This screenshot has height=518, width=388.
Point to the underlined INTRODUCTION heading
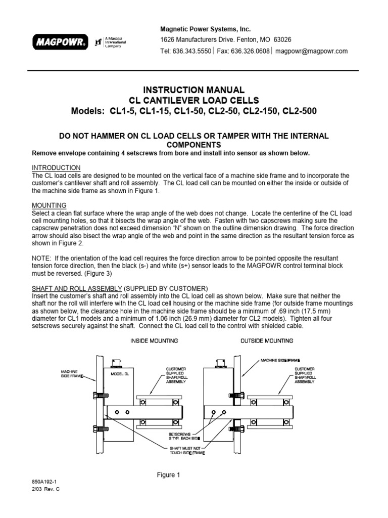[x=56, y=167]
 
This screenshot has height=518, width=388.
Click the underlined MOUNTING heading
[x=50, y=206]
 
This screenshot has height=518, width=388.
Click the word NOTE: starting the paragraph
[x=42, y=257]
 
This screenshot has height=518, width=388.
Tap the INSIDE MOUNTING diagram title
[x=154, y=341]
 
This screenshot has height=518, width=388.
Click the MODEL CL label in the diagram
[x=120, y=374]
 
